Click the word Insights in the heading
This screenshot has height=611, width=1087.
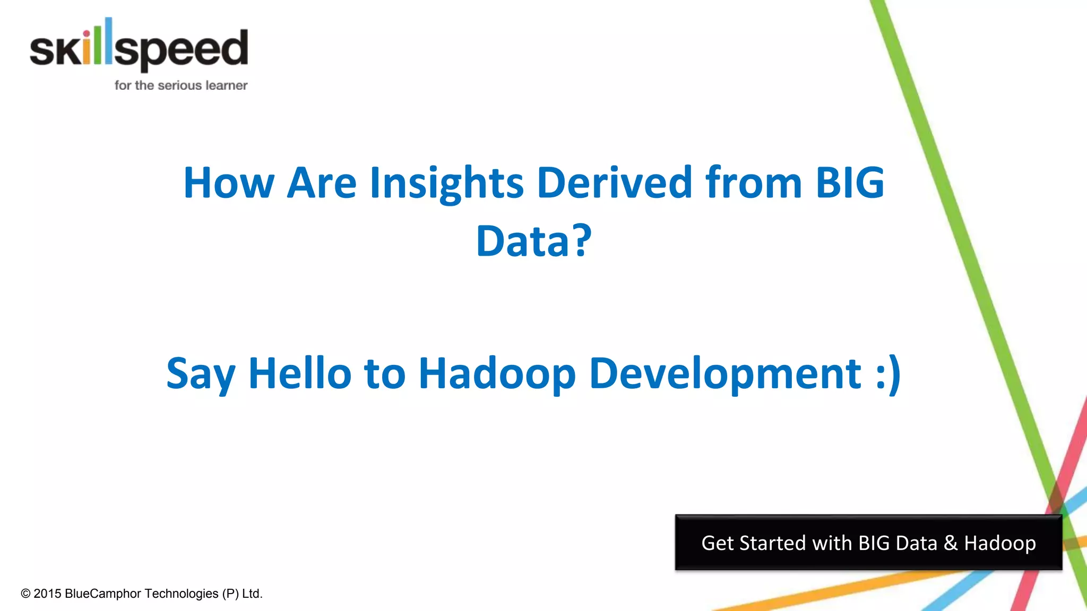(446, 183)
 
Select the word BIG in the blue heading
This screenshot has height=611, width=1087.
(849, 183)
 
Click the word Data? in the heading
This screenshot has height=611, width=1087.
(533, 241)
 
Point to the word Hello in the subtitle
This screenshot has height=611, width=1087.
(300, 373)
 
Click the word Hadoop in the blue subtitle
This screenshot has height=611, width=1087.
(497, 373)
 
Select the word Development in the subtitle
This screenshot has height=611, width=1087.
(725, 373)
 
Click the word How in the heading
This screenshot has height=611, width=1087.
(228, 183)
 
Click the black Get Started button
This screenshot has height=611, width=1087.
(868, 543)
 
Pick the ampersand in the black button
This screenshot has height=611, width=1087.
(950, 543)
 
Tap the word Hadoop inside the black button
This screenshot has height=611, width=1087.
(1000, 544)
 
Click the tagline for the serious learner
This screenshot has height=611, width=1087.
(181, 85)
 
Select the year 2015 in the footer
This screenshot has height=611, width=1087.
(48, 593)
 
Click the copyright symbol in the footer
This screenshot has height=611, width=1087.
(25, 593)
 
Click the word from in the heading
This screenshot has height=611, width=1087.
(753, 183)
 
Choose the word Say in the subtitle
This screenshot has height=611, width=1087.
(201, 373)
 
